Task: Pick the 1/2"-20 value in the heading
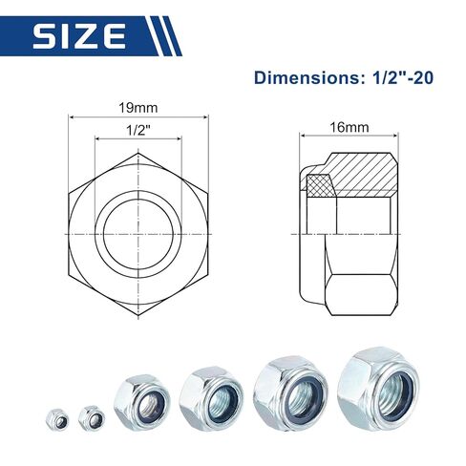(x=400, y=76)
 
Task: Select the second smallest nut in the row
(x=92, y=416)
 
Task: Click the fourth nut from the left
(x=211, y=394)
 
